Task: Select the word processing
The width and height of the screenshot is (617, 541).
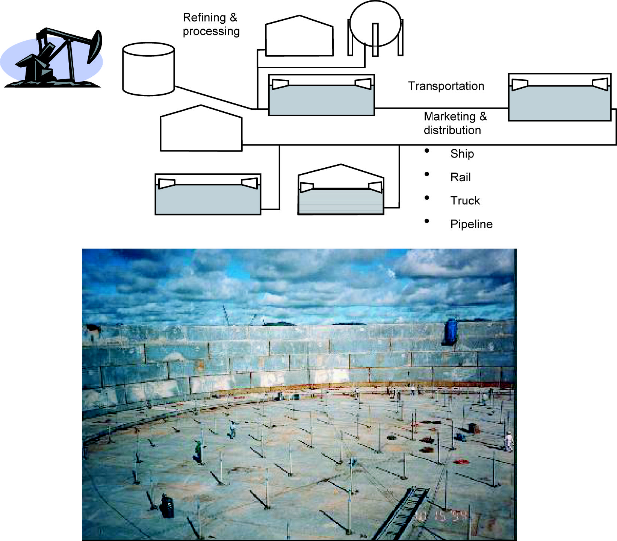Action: (211, 31)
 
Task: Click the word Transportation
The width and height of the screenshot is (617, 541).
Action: (446, 86)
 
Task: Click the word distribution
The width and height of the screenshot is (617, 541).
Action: (452, 130)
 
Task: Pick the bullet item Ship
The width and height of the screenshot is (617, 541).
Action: (462, 154)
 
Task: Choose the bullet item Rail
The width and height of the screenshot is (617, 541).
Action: (460, 177)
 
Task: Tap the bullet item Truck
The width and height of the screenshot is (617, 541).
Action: (465, 201)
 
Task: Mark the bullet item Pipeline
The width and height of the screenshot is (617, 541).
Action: (471, 224)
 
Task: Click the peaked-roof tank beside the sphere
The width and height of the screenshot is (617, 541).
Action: (299, 38)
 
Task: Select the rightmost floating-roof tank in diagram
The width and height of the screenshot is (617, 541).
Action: (560, 98)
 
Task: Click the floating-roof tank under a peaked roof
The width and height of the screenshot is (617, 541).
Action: (341, 192)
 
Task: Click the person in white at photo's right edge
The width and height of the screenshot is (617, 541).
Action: (509, 441)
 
